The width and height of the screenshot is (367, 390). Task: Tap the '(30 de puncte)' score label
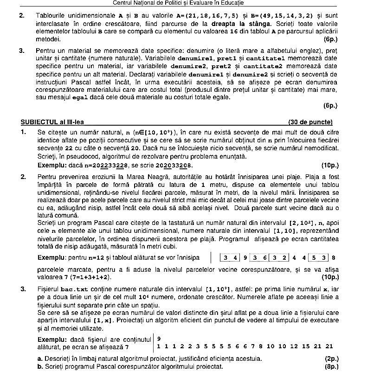tap(310, 122)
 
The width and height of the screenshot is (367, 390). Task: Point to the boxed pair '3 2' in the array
tap(280, 257)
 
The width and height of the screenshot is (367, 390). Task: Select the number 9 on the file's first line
tap(159, 339)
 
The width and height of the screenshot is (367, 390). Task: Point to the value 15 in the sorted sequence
tap(305, 346)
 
